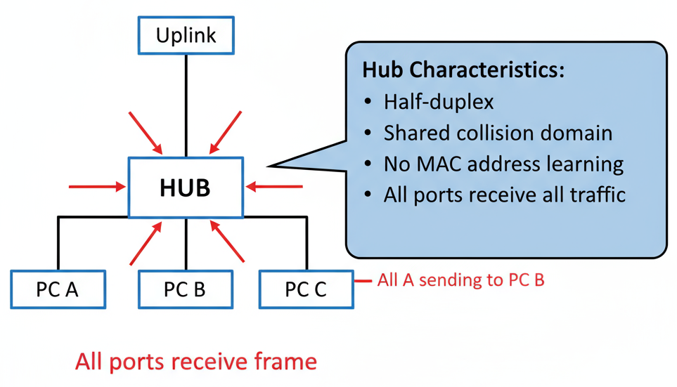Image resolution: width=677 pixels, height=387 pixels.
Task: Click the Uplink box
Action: pyautogui.click(x=186, y=35)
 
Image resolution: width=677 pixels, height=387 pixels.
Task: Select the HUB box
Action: pyautogui.click(x=186, y=188)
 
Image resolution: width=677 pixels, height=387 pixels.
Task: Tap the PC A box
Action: pyautogui.click(x=58, y=289)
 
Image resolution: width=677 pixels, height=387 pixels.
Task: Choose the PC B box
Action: pyautogui.click(x=185, y=289)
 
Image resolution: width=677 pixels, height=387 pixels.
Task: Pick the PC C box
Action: pyautogui.click(x=306, y=289)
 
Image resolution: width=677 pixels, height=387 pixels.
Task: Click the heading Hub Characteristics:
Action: pyautogui.click(x=463, y=70)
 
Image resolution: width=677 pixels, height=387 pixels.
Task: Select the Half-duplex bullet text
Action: pyautogui.click(x=438, y=102)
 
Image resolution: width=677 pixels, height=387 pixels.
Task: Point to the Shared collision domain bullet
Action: pyautogui.click(x=498, y=133)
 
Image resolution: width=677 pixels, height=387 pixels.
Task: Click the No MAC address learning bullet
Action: pyautogui.click(x=503, y=164)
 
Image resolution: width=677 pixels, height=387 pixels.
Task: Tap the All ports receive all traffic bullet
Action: pyautogui.click(x=504, y=195)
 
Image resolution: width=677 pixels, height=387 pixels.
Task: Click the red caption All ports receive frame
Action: pyautogui.click(x=196, y=362)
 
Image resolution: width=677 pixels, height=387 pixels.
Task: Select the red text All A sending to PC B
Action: pyautogui.click(x=460, y=280)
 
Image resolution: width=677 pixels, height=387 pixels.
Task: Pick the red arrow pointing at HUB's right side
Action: pyautogui.click(x=275, y=187)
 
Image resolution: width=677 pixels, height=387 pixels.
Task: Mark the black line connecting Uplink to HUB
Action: pyautogui.click(x=186, y=105)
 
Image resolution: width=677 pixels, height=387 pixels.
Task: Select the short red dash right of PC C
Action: pyautogui.click(x=363, y=281)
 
